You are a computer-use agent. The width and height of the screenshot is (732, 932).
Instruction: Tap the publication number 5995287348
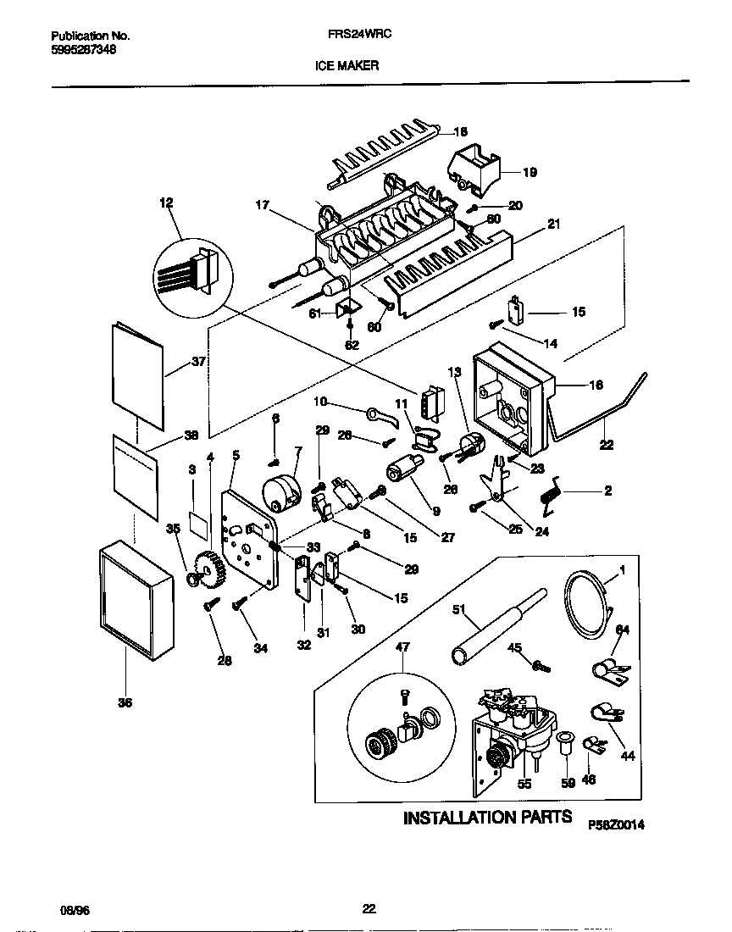point(84,50)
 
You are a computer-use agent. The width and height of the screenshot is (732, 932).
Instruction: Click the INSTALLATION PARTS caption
point(487,818)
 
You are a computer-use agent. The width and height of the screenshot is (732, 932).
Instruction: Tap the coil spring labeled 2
point(554,491)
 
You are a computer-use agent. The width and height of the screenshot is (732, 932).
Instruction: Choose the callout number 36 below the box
point(125,702)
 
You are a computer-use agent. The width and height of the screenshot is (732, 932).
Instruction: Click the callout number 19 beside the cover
point(530,172)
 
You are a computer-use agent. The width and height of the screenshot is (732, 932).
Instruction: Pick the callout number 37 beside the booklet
point(198,362)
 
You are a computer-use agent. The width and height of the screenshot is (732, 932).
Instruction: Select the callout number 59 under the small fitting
point(568,784)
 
